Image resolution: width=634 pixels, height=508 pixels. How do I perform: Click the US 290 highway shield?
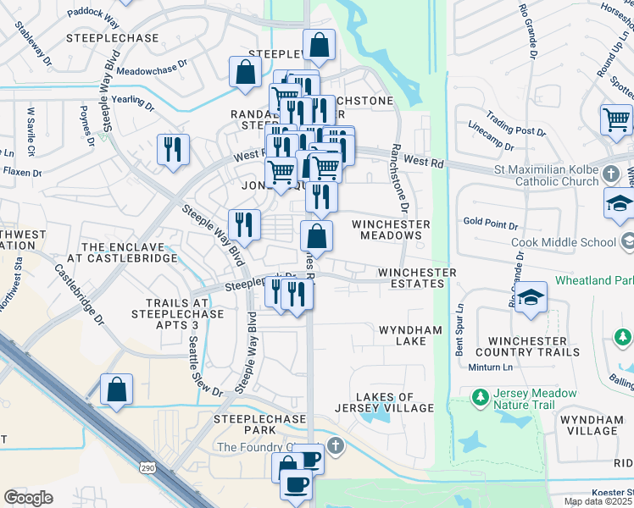(x=147, y=466)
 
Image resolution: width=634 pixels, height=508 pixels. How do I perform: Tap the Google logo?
(x=28, y=498)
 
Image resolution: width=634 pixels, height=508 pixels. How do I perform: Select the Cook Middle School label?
(x=564, y=242)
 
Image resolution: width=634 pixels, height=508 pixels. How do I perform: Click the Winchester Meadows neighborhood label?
(x=392, y=229)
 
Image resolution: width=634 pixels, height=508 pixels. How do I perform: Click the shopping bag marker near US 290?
(x=117, y=389)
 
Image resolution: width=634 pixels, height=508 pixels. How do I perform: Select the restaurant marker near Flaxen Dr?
(x=173, y=149)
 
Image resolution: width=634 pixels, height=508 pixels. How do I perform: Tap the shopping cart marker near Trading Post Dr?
(x=616, y=119)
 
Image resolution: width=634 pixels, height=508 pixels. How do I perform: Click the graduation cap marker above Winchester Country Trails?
(x=531, y=298)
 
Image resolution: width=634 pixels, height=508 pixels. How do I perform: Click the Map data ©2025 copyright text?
(x=598, y=501)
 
